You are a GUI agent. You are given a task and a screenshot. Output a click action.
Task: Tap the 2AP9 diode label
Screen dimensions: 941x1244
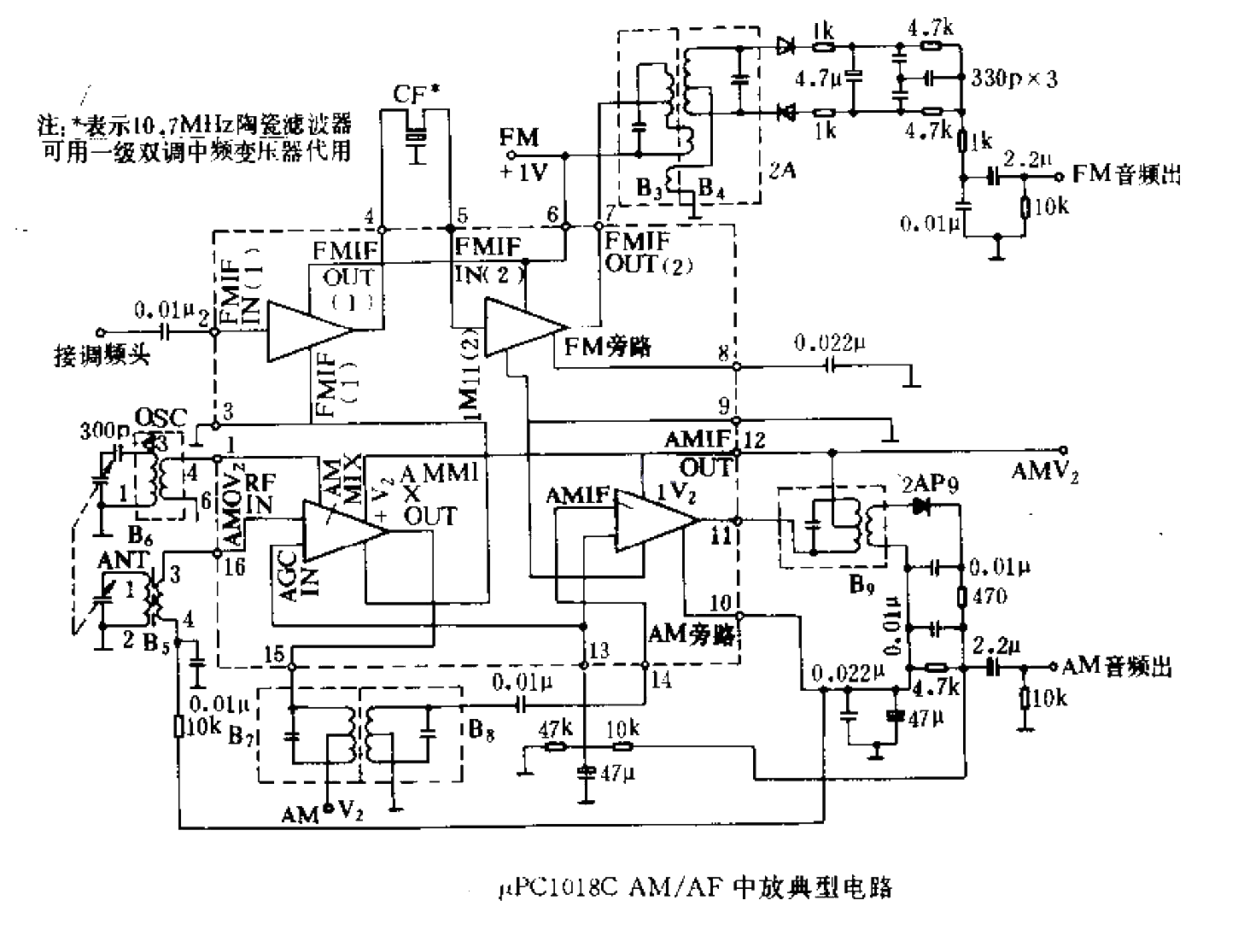click(x=930, y=485)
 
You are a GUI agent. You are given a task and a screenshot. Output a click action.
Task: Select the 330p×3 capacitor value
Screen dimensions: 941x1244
click(x=1014, y=79)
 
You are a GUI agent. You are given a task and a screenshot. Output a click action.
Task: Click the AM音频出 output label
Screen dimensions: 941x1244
click(x=1117, y=666)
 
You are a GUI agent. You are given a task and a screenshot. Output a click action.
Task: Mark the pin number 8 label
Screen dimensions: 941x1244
click(x=724, y=353)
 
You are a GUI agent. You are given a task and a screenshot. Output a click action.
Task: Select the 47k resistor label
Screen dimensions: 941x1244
click(x=555, y=729)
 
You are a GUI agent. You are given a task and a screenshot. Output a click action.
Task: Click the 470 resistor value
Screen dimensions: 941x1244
click(x=990, y=595)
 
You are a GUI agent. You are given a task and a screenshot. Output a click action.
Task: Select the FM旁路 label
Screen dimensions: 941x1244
click(x=608, y=346)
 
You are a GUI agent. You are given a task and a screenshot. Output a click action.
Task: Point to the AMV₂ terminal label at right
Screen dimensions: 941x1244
click(x=1044, y=470)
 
